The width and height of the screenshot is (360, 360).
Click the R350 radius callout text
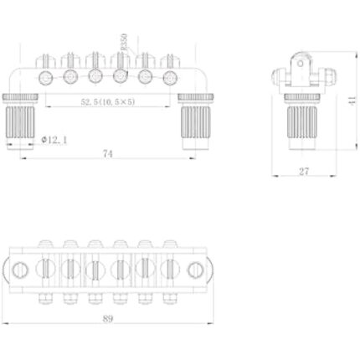tap(124, 42)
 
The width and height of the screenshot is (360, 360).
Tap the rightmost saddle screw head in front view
tap(172, 77)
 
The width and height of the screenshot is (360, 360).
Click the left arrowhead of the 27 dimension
tap(275, 177)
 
